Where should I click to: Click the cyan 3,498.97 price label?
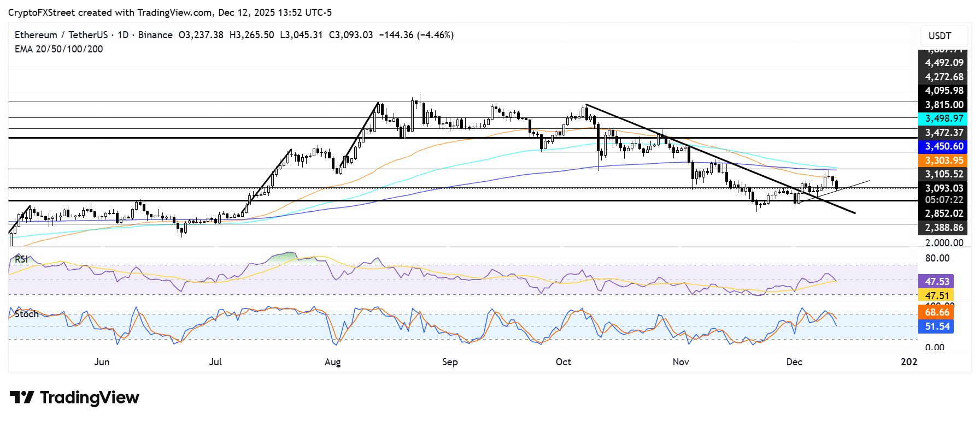click(x=943, y=118)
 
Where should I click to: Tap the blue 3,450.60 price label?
click(x=943, y=146)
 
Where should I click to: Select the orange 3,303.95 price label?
click(x=943, y=161)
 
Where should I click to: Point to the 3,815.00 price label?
click(x=943, y=105)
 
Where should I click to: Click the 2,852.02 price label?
click(x=943, y=213)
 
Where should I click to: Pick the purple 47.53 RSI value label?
click(x=936, y=282)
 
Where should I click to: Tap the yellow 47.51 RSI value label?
click(x=936, y=296)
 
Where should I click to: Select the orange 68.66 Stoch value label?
click(x=936, y=312)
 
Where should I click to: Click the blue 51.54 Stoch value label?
click(x=936, y=326)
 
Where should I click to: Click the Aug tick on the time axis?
click(x=332, y=362)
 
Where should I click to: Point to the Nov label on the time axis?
click(x=680, y=362)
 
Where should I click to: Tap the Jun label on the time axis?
click(x=102, y=362)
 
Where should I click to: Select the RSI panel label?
click(x=21, y=259)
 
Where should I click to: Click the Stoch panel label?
click(x=27, y=314)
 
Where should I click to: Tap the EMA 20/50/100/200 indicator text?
click(x=58, y=49)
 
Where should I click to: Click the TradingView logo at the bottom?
click(x=74, y=397)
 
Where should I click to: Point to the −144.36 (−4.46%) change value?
click(x=416, y=35)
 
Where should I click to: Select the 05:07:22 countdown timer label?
click(x=943, y=200)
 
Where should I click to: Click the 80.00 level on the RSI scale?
click(x=937, y=258)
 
